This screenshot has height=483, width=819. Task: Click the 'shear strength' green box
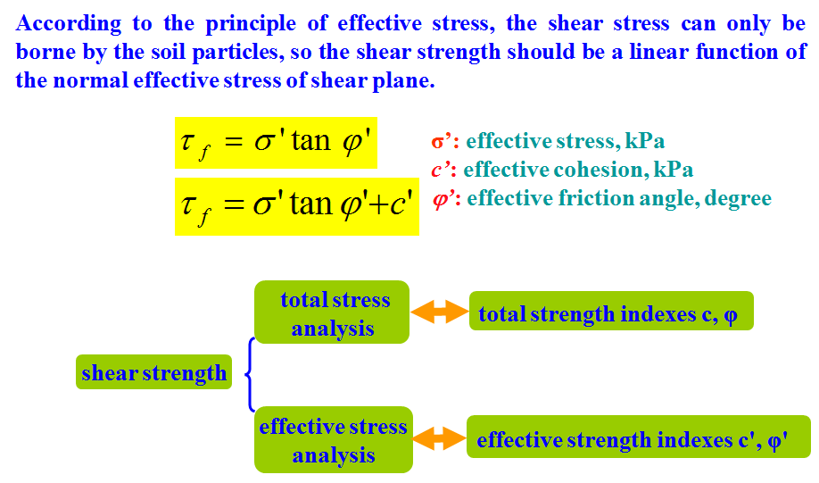click(x=153, y=372)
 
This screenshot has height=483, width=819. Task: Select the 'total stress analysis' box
click(x=332, y=312)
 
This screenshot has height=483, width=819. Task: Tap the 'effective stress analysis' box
click(x=333, y=440)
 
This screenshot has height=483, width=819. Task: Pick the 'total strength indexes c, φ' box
click(x=611, y=312)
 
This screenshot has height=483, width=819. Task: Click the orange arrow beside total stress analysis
click(x=439, y=312)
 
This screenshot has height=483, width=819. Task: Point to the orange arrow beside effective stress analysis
click(x=438, y=438)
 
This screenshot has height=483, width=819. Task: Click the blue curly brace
click(x=251, y=374)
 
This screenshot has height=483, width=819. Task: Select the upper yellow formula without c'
click(x=276, y=143)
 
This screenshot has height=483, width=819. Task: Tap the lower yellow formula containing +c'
click(x=296, y=206)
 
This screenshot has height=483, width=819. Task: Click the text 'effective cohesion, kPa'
click(x=578, y=170)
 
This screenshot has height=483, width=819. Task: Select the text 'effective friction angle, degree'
click(x=619, y=198)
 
